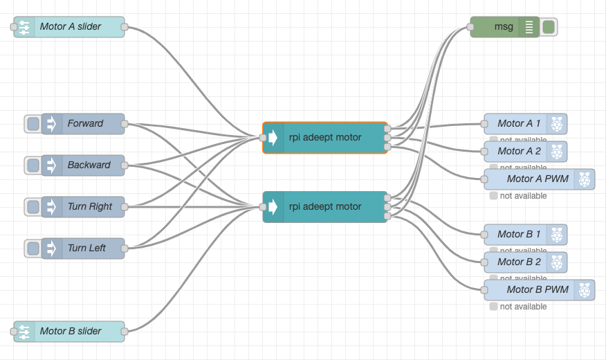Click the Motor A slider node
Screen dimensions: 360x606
click(x=70, y=27)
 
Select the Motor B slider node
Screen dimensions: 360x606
click(x=70, y=332)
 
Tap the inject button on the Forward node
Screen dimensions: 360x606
click(x=33, y=124)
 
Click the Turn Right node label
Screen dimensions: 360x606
click(x=90, y=207)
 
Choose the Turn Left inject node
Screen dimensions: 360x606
click(x=83, y=249)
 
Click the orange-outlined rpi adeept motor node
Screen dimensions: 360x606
click(x=325, y=138)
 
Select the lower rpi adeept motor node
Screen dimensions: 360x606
click(x=325, y=207)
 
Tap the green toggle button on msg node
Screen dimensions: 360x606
click(x=549, y=27)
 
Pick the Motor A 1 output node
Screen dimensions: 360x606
click(x=519, y=124)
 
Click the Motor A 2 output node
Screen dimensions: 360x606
click(x=519, y=152)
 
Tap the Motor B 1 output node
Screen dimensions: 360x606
click(x=519, y=235)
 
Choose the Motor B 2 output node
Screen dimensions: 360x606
click(x=519, y=262)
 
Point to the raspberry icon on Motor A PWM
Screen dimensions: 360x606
click(x=585, y=179)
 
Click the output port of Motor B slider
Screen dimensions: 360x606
click(x=125, y=332)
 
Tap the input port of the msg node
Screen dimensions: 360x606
click(x=470, y=27)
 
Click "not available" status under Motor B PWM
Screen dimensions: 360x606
click(x=523, y=307)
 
